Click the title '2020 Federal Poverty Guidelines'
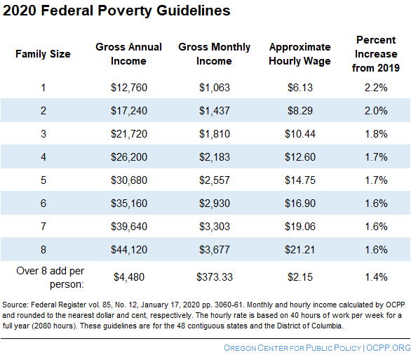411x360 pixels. click(x=116, y=11)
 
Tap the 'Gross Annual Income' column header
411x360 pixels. click(x=128, y=53)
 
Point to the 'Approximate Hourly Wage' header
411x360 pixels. click(x=299, y=53)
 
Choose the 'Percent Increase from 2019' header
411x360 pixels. click(x=376, y=53)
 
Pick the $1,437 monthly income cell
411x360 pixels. click(x=214, y=110)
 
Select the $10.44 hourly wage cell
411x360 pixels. click(x=299, y=133)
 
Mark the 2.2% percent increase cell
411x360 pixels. click(x=376, y=87)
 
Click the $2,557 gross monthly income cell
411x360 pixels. click(x=214, y=180)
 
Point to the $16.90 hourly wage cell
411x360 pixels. click(x=299, y=203)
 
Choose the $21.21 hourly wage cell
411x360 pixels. click(x=299, y=249)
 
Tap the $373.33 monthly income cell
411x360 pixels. click(x=214, y=276)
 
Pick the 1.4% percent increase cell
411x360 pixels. click(x=376, y=276)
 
